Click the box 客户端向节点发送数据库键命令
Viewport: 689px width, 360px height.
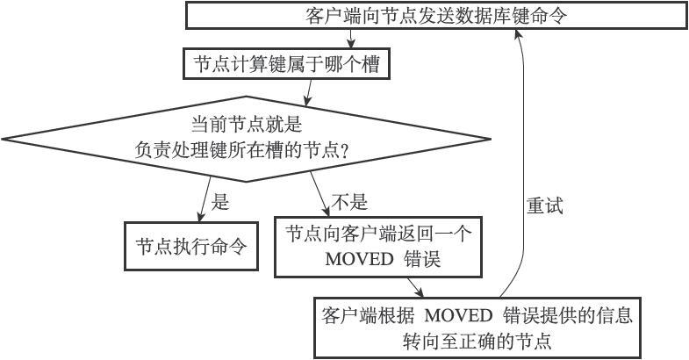click(435, 16)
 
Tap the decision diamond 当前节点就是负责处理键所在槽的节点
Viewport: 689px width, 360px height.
click(246, 138)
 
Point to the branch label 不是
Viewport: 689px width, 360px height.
click(348, 203)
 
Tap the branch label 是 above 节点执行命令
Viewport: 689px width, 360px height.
click(220, 203)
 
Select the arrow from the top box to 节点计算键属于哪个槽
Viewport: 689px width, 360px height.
click(351, 39)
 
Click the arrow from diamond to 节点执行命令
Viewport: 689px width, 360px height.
click(205, 198)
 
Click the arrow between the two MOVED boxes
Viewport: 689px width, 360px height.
click(415, 287)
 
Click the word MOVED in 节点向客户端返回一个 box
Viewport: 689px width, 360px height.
click(355, 260)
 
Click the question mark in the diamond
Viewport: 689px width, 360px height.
click(345, 151)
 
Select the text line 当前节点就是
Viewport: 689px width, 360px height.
click(247, 125)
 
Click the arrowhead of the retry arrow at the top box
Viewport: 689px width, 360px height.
click(519, 32)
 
